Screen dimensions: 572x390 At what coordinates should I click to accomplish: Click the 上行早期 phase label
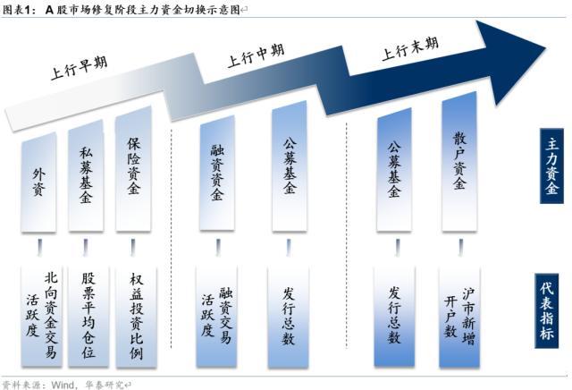click(x=80, y=68)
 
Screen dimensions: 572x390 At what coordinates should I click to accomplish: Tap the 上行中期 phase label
click(x=256, y=55)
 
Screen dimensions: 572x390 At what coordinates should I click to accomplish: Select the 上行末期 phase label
click(x=410, y=48)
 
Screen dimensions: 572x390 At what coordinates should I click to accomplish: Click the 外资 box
click(x=38, y=182)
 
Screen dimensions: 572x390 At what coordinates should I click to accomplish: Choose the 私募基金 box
click(x=86, y=176)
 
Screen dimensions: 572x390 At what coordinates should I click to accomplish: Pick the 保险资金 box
click(x=133, y=169)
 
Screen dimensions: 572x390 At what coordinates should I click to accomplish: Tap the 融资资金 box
click(x=217, y=173)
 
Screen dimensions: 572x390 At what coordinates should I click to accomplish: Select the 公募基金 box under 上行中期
click(x=290, y=165)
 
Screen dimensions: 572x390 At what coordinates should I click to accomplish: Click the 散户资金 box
click(x=459, y=161)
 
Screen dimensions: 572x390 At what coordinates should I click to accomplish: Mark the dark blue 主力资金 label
click(x=552, y=166)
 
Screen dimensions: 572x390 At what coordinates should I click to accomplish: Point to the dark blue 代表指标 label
click(x=547, y=310)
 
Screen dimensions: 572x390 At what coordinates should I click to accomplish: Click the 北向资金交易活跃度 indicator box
click(x=42, y=317)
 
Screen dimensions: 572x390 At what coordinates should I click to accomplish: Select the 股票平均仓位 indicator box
click(x=88, y=317)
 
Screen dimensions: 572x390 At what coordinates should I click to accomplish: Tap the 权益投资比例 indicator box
click(x=136, y=317)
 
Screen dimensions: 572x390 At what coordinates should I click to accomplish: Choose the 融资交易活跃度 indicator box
click(x=216, y=317)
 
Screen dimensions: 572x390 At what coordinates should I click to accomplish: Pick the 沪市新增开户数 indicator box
click(x=459, y=317)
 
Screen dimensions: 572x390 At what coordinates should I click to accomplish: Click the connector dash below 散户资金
click(x=461, y=248)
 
